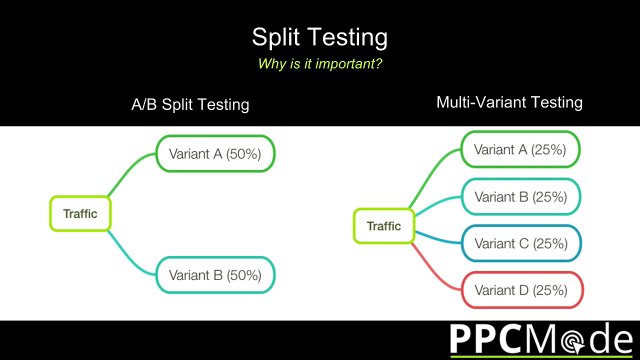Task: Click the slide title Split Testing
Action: [319, 39]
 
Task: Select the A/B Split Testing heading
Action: [190, 104]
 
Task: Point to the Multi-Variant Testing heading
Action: [509, 102]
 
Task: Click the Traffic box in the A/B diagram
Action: [80, 213]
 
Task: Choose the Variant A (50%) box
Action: [214, 154]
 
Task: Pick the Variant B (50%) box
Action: [214, 273]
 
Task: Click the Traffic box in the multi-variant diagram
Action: [383, 226]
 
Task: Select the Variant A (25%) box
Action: [520, 150]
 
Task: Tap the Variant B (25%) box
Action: [520, 196]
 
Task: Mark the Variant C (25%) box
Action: [520, 243]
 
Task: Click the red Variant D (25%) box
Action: [520, 290]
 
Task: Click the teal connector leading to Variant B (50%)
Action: [130, 249]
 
